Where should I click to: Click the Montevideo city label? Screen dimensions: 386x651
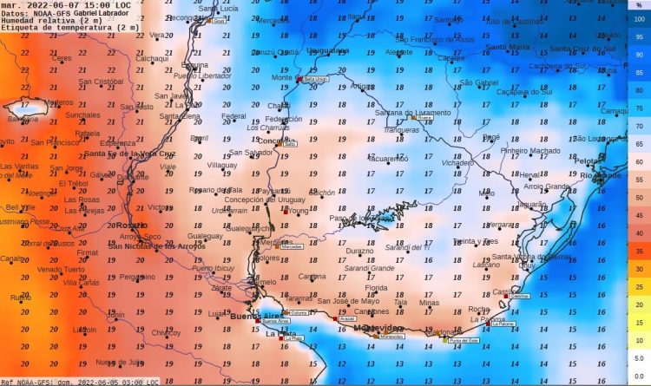point(382,327)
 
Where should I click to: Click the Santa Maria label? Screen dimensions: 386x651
point(507,47)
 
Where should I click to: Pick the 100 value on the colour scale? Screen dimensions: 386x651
point(640,19)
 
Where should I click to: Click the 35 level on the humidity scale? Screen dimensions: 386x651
point(639,252)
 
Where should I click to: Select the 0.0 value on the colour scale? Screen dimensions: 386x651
point(639,376)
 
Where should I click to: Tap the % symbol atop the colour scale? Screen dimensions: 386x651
point(640,5)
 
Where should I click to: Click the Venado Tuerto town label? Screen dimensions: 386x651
point(60,269)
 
